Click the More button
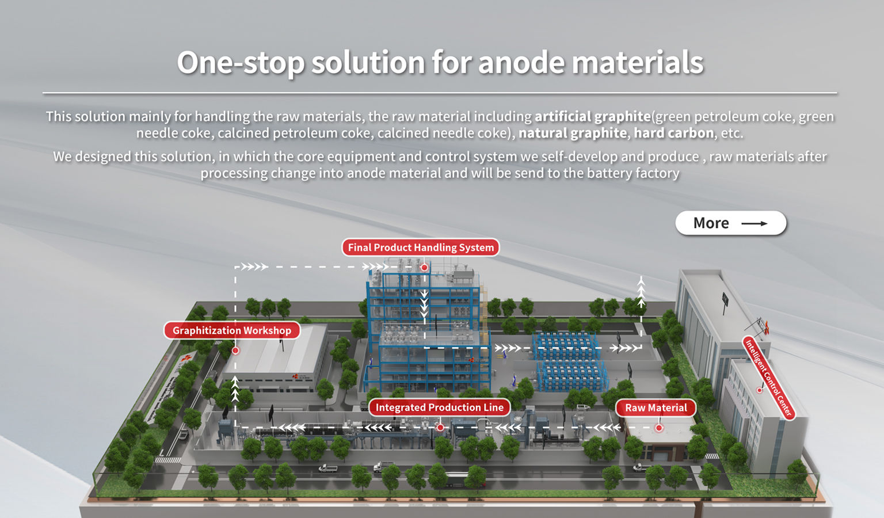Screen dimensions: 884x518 730,223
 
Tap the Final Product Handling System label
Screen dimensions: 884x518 421,247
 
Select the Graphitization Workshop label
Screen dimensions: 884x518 232,330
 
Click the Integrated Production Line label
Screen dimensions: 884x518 440,407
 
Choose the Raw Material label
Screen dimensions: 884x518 656,408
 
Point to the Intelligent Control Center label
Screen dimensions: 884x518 769,378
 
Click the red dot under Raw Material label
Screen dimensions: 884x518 658,428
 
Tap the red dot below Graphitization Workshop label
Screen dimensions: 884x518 235,351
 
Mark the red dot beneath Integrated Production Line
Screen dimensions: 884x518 440,428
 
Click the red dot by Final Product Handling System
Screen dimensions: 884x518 424,268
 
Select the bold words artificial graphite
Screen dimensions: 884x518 593,116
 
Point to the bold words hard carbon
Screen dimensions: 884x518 674,133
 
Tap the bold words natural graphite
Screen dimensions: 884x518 573,133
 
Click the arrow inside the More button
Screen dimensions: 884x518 755,223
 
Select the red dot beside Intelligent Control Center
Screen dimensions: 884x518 759,390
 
